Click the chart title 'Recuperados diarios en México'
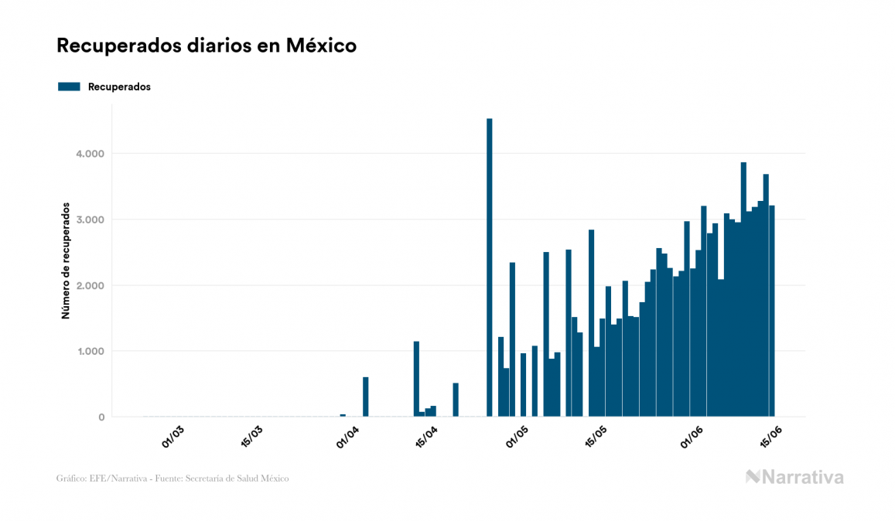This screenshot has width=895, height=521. point(207,46)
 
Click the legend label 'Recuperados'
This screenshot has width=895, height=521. point(119,87)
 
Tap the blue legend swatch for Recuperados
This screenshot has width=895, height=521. point(69,87)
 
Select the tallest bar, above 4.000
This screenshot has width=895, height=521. point(490,267)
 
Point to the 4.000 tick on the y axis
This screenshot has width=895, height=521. point(90,154)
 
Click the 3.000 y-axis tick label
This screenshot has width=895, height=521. point(90,220)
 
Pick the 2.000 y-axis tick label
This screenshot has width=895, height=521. point(90,285)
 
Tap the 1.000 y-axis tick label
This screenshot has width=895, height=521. point(90,352)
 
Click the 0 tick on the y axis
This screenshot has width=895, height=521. point(101,417)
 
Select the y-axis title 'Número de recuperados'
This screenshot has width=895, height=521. point(67,261)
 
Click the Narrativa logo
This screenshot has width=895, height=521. point(794,477)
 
